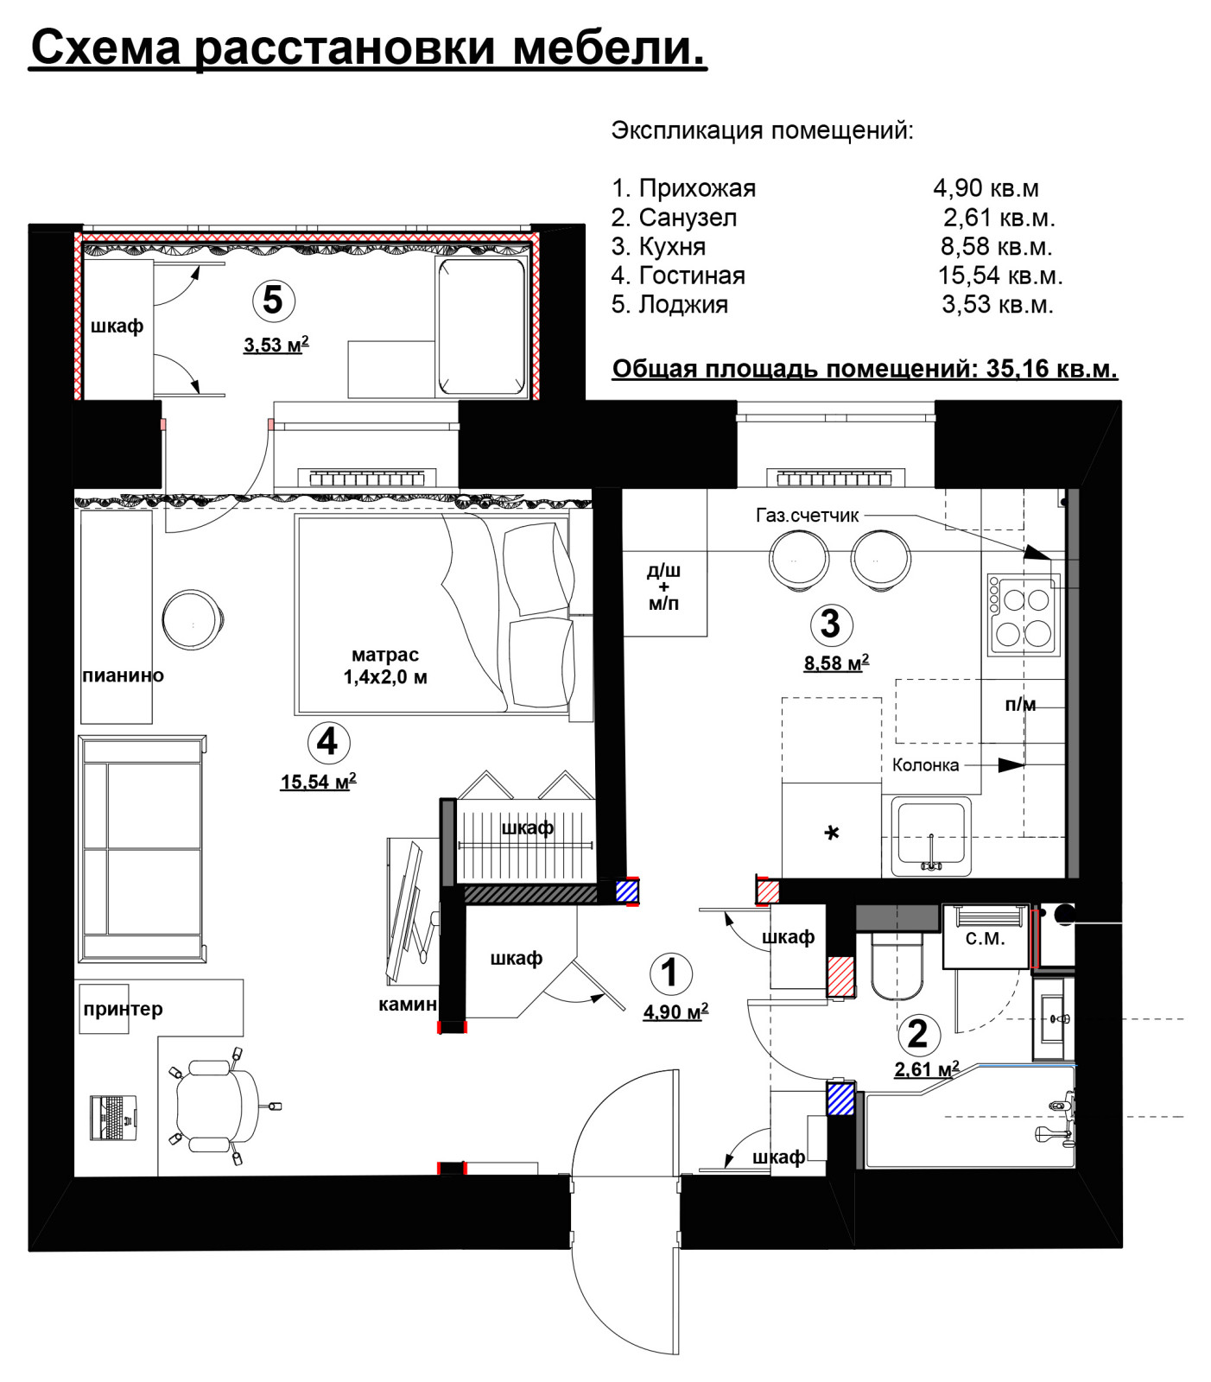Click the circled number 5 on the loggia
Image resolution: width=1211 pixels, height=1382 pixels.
[x=273, y=300]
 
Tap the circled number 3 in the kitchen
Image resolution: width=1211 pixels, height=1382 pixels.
[x=831, y=624]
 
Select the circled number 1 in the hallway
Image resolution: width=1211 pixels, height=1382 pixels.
[x=670, y=973]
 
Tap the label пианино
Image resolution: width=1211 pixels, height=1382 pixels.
[x=123, y=675]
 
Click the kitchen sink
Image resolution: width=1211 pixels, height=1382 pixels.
[x=931, y=836]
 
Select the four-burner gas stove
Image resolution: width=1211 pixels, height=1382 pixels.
[x=1024, y=614]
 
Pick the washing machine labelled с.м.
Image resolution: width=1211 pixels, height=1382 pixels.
[x=986, y=937]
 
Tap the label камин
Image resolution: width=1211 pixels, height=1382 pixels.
[x=408, y=1004]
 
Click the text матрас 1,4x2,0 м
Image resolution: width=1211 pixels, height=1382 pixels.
[x=385, y=666]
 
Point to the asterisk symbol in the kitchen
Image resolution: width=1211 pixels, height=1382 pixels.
[x=832, y=834]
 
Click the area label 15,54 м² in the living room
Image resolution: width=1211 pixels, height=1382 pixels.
[x=318, y=781]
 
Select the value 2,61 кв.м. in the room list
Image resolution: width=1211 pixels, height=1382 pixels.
[x=999, y=218]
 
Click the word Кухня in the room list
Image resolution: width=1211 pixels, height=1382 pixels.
[x=672, y=247]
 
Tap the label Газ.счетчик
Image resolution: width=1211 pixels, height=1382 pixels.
[x=808, y=516]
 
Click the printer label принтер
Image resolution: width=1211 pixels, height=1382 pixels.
[x=123, y=1009]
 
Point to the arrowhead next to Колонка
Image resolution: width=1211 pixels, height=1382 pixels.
[x=1011, y=765]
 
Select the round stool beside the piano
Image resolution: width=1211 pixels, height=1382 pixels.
[x=193, y=619]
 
